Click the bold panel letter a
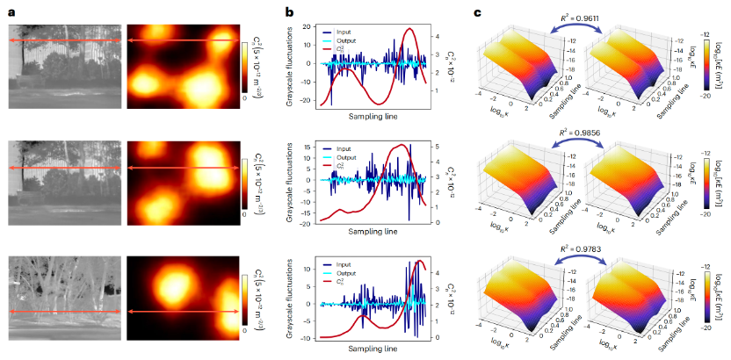[11, 13]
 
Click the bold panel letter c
[478, 13]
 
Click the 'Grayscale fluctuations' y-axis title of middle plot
[289, 182]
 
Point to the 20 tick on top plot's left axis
[311, 26]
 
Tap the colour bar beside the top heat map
[246, 66]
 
